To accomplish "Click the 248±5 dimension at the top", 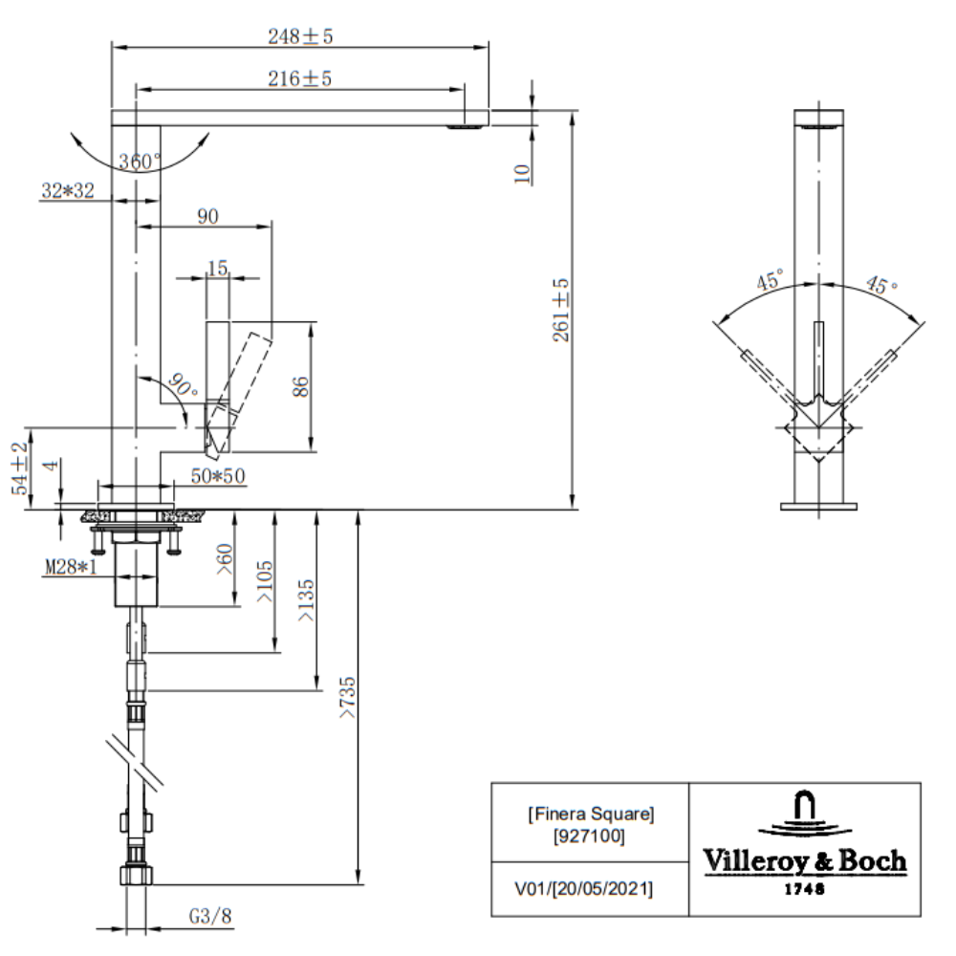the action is pyautogui.click(x=300, y=36).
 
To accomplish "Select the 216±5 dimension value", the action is pyautogui.click(x=300, y=78).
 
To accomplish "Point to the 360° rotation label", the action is pyautogui.click(x=141, y=162).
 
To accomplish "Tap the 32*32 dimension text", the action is pyautogui.click(x=68, y=191).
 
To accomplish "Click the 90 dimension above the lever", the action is pyautogui.click(x=207, y=216).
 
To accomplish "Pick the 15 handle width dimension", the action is pyautogui.click(x=218, y=268).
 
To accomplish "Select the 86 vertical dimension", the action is pyautogui.click(x=300, y=386).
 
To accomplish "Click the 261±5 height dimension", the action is pyautogui.click(x=560, y=310).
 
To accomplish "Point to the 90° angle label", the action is pyautogui.click(x=183, y=385).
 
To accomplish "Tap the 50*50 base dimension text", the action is pyautogui.click(x=218, y=475).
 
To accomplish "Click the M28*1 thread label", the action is pyautogui.click(x=71, y=567).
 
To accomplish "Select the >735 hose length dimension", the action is pyautogui.click(x=347, y=698).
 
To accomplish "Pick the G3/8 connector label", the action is pyautogui.click(x=210, y=916).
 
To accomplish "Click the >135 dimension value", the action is pyautogui.click(x=306, y=600).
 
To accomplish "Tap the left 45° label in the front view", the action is pyautogui.click(x=770, y=280).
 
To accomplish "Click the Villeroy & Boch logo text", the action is pyautogui.click(x=805, y=861).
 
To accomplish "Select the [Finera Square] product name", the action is pyautogui.click(x=592, y=814).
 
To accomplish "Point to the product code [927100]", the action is pyautogui.click(x=589, y=836).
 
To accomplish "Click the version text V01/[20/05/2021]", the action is pyautogui.click(x=583, y=889).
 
